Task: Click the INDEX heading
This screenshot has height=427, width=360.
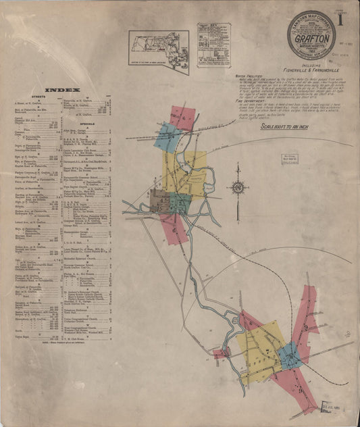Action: (63, 90)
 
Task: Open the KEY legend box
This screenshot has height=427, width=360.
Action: (213, 45)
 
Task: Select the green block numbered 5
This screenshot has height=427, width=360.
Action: (180, 202)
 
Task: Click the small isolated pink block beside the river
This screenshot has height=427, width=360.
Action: (220, 353)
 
